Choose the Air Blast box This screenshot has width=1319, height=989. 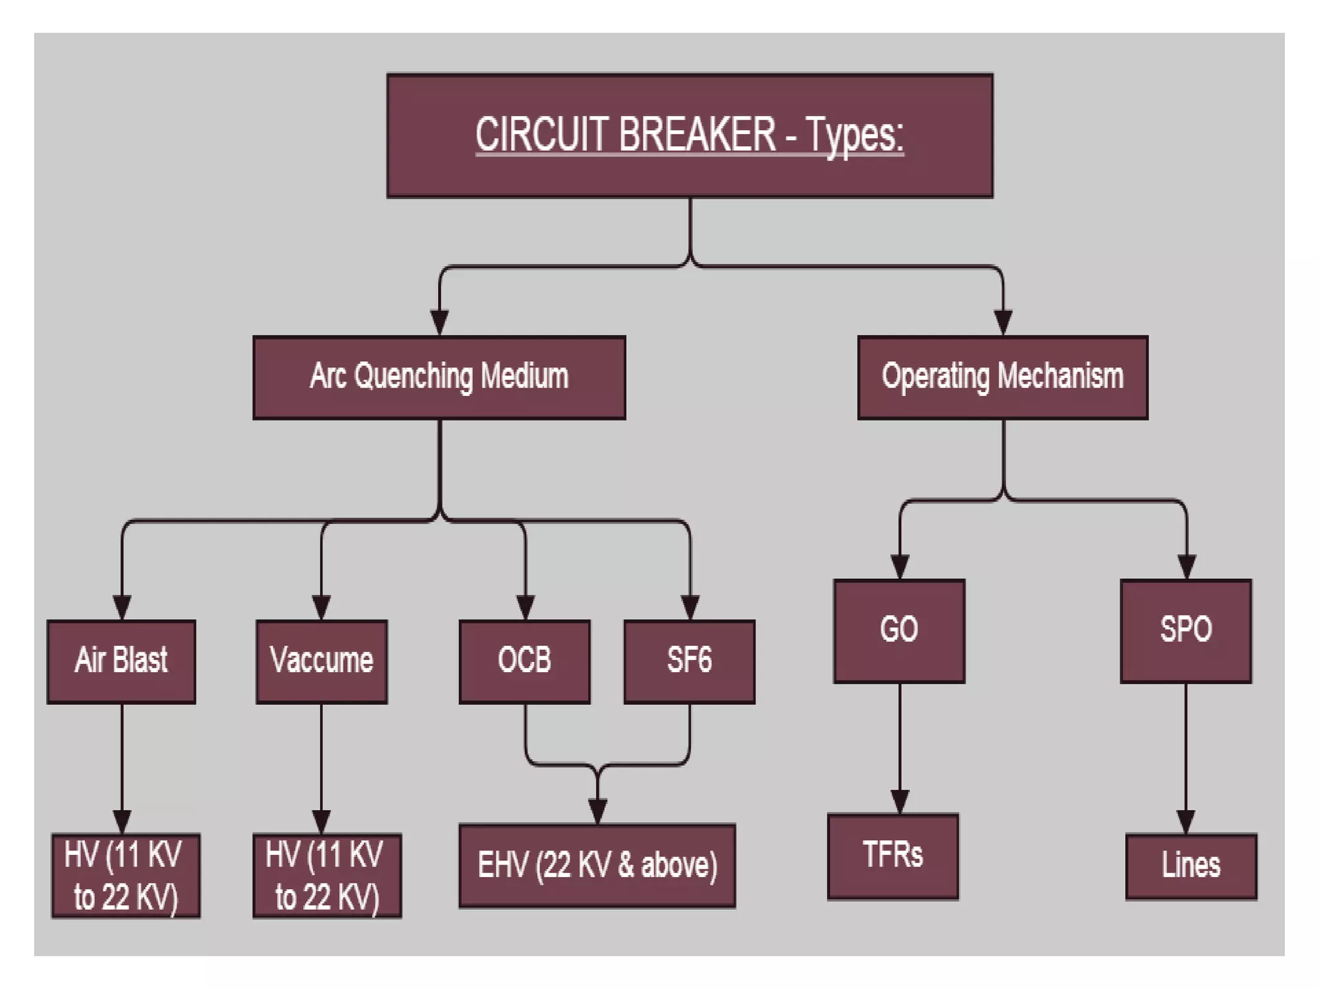coord(121,661)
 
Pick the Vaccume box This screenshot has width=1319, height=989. coord(321,661)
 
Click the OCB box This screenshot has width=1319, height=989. coord(524,661)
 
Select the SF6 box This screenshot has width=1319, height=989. coord(689,661)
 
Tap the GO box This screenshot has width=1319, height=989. coord(899,630)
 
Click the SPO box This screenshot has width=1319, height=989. coord(1186,630)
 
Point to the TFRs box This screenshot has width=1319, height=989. coord(893,856)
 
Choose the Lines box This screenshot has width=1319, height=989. coord(1191,866)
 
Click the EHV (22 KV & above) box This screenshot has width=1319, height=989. coord(597,865)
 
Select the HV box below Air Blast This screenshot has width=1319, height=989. coord(126,876)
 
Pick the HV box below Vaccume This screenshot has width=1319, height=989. coord(327,876)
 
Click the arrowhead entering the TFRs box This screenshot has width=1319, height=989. coord(900,802)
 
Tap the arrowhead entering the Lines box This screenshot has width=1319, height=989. coord(1186,822)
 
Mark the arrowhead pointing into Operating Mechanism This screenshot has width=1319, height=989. coord(1003,322)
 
